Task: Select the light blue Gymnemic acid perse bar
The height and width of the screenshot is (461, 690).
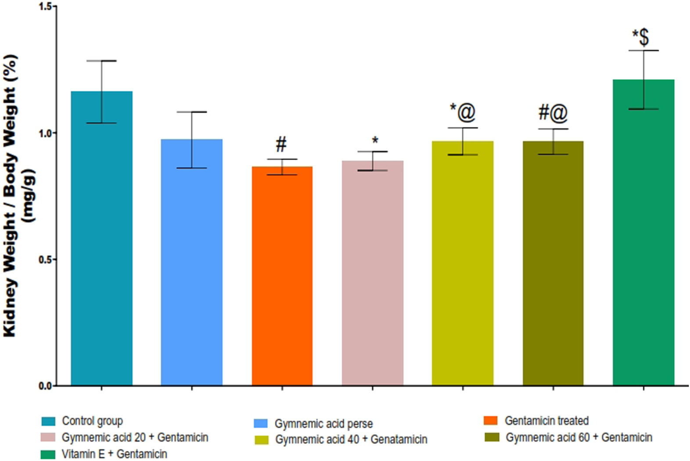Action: pos(192,263)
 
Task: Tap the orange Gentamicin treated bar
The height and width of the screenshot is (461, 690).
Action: pos(282,277)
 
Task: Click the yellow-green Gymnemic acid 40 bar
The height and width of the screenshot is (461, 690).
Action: pos(463,263)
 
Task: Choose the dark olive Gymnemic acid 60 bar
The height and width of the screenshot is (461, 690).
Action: pos(553,263)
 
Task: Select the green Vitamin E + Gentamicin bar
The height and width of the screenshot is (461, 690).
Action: pos(643,233)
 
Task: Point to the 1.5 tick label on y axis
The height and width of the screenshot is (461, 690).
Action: pos(45,7)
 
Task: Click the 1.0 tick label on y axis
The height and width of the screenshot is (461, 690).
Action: pos(45,133)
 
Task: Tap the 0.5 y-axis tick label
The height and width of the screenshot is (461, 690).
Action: pos(45,259)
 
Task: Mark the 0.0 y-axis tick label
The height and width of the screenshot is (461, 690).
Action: pos(45,386)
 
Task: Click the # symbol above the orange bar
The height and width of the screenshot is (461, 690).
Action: pos(281,144)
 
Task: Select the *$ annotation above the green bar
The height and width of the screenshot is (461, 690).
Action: pos(641,38)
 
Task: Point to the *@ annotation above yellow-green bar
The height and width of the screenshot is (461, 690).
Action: pos(463,112)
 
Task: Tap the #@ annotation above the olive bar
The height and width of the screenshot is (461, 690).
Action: pos(553,113)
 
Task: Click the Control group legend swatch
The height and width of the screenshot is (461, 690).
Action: pos(48,421)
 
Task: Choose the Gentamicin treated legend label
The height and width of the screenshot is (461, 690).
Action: pos(546,421)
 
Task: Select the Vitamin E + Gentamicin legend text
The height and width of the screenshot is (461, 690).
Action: pos(114,454)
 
